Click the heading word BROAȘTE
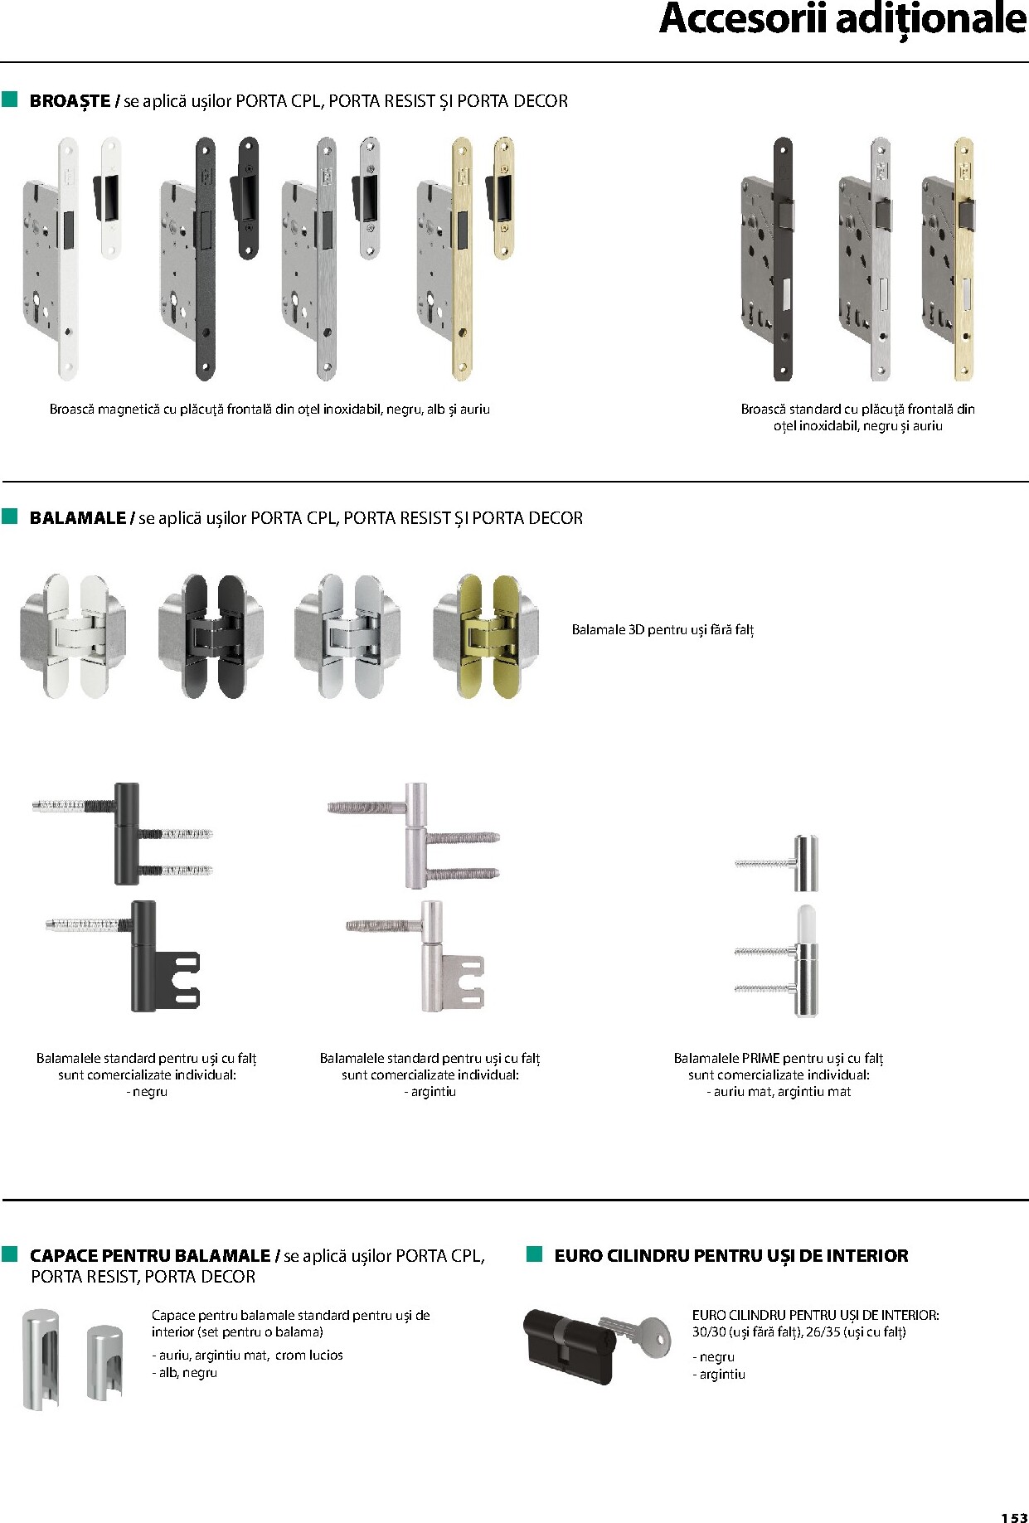pos(70,101)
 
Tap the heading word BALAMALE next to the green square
pos(77,518)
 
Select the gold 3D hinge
pos(485,636)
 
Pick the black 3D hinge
pos(211,636)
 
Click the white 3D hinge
pos(74,636)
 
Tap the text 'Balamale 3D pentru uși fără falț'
pos(663,630)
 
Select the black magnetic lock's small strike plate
pos(247,198)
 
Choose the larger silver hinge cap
pos(41,1359)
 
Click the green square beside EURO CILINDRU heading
pos(535,1253)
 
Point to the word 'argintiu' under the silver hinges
pos(434,1092)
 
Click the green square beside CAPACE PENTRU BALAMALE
pos(10,1253)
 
